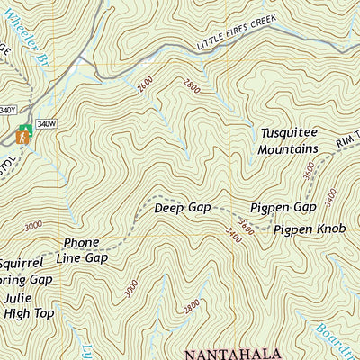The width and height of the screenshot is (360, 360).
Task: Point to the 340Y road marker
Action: click(x=7, y=110)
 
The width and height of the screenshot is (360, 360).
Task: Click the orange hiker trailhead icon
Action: click(x=20, y=138)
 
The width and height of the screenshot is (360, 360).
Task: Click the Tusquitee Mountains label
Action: click(x=288, y=139)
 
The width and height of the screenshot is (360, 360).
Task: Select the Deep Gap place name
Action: click(x=182, y=207)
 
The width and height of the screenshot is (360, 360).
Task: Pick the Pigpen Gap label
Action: click(x=283, y=207)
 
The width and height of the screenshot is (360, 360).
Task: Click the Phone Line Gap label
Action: click(x=85, y=249)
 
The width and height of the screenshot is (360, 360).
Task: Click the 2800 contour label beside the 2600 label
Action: click(x=191, y=87)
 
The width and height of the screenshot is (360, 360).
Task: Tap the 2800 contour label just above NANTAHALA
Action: click(x=191, y=306)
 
